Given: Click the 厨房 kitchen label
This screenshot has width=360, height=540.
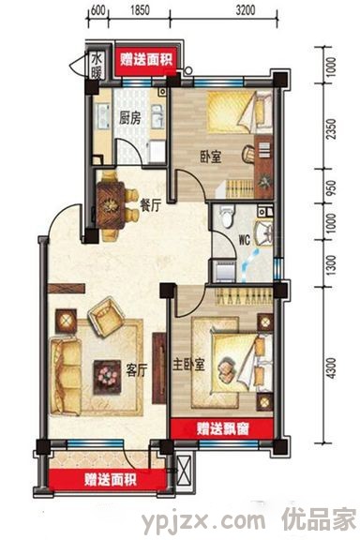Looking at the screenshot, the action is (x=130, y=118).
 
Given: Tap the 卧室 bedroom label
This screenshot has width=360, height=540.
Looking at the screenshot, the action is (x=211, y=157).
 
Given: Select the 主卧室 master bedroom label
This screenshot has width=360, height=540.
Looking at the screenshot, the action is (x=188, y=365).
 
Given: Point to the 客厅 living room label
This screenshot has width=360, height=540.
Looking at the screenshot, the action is (x=137, y=370).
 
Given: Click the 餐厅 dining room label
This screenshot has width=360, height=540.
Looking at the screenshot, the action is (x=151, y=205).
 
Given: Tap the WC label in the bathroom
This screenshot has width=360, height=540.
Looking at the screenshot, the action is (x=245, y=240).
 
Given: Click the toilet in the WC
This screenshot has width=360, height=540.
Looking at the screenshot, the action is (x=227, y=217).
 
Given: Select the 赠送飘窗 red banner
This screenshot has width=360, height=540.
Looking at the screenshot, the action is (x=222, y=428).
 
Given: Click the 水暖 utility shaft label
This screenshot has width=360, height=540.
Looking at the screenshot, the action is (x=97, y=66).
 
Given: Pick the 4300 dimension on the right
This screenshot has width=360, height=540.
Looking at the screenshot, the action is (x=331, y=368).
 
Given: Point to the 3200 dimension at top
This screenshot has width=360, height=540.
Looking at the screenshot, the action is (x=246, y=10).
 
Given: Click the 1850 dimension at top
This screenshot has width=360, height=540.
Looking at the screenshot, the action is (x=140, y=10).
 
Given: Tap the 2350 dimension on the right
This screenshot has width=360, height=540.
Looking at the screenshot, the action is (x=331, y=128).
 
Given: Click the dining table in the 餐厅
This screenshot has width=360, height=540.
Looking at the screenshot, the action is (x=111, y=205).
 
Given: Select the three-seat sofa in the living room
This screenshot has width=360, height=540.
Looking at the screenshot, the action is (x=67, y=376).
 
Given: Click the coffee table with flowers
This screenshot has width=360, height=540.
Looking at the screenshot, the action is (x=107, y=377).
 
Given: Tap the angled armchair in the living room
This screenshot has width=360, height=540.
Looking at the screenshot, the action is (x=105, y=317).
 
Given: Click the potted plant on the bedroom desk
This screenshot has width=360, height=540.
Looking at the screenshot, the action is (x=264, y=182).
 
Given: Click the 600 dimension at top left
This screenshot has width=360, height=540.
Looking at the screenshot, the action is (x=97, y=10).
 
